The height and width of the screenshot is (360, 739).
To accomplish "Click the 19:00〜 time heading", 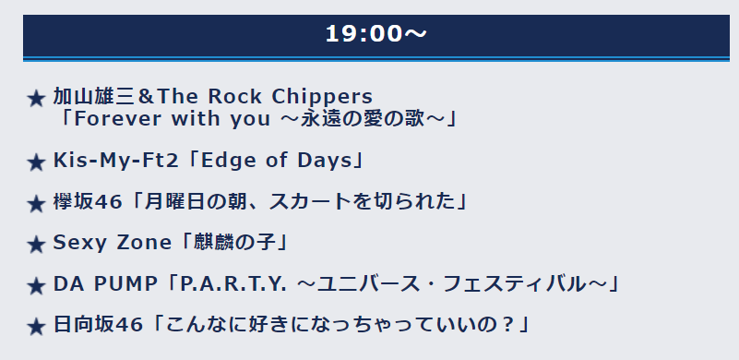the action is [375, 33].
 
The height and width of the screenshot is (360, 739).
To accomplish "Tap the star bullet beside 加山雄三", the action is [36, 99].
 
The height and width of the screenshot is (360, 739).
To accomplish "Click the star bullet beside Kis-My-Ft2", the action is [36, 163].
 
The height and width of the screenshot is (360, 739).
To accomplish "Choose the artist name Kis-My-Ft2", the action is [116, 161].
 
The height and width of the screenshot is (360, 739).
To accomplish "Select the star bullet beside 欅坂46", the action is [36, 204].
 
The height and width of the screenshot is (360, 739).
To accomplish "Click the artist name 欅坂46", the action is [88, 202].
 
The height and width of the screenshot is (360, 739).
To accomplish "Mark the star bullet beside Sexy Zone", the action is [36, 245].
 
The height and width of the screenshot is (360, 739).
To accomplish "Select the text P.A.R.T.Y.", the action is [232, 284].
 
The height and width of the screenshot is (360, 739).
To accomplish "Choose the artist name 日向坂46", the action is [98, 325].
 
